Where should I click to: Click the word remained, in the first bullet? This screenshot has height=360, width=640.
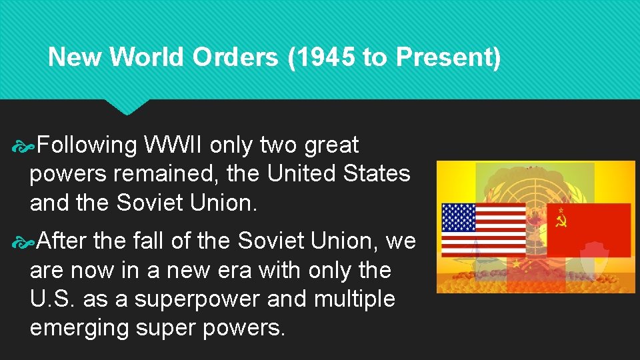167,174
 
